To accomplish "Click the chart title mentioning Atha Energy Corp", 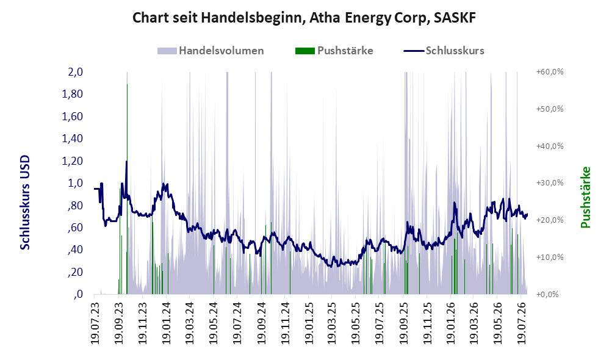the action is [x=304, y=18].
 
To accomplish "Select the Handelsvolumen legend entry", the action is [x=211, y=51].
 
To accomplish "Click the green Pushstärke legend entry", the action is [x=334, y=51].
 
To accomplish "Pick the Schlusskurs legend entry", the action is [x=444, y=51].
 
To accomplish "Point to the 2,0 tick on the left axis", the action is [x=76, y=72].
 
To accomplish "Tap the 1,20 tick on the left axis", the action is [x=73, y=160].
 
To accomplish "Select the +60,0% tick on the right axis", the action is [x=550, y=72].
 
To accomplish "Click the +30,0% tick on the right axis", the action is [x=550, y=183].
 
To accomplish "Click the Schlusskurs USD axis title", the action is [x=25, y=203].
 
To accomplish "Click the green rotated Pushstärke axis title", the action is [x=585, y=197].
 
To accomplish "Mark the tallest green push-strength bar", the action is [x=127, y=189].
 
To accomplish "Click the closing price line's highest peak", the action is [x=126, y=160].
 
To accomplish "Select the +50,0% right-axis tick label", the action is [x=550, y=109].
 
